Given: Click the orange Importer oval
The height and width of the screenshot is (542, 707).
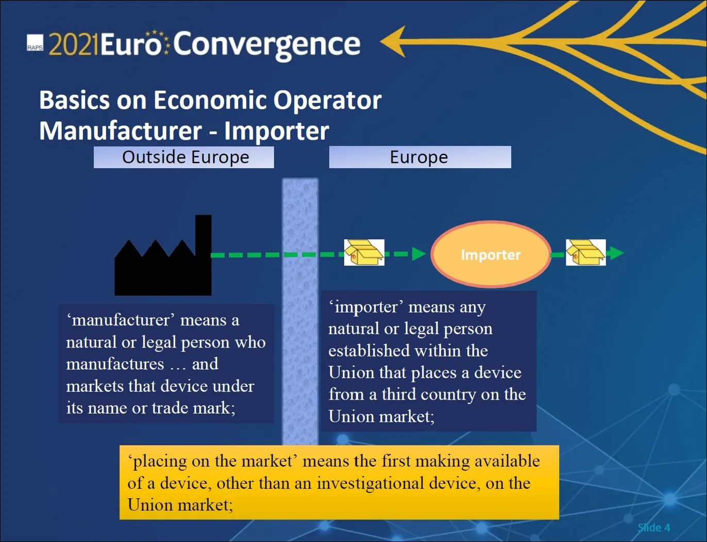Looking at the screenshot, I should [x=491, y=254].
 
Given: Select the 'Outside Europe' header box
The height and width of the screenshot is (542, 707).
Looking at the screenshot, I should [x=183, y=157].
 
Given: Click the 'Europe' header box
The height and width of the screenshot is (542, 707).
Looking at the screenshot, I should [x=419, y=157].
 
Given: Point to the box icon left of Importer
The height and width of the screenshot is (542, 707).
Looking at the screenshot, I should [x=364, y=253].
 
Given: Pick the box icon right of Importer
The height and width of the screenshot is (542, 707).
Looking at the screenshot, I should [x=585, y=253].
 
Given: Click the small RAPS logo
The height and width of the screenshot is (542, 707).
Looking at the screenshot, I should [x=35, y=43].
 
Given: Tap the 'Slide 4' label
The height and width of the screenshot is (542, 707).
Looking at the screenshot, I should [x=653, y=527].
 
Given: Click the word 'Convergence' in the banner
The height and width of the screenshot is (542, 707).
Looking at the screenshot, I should [x=266, y=45].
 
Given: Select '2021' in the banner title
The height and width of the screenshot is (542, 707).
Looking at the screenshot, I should [x=73, y=45].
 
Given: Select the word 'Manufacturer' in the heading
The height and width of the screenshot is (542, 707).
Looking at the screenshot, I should [x=121, y=131].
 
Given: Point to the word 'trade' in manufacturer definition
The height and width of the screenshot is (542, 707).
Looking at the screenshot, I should [x=170, y=408].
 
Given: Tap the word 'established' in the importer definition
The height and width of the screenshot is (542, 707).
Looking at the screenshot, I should [x=369, y=351].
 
